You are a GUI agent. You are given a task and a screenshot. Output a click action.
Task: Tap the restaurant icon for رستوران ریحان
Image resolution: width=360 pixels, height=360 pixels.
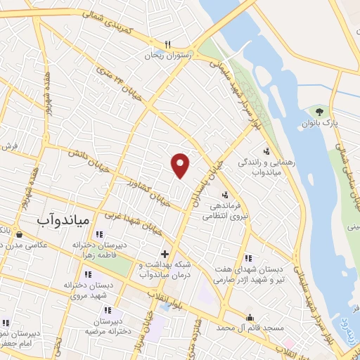(167, 43)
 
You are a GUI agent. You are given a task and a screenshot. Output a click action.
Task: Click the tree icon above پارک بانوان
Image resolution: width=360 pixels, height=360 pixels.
(320, 112)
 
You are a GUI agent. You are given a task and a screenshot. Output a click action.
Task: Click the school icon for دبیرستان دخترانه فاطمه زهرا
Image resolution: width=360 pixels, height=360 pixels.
(99, 234)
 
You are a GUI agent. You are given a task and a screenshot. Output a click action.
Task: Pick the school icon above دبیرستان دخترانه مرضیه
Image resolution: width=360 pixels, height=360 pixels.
(107, 309)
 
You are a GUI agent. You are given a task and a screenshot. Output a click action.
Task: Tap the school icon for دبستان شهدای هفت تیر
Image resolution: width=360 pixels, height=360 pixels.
(248, 258)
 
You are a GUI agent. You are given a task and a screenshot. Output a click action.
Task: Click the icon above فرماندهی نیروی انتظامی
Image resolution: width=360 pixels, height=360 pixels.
(225, 195)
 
